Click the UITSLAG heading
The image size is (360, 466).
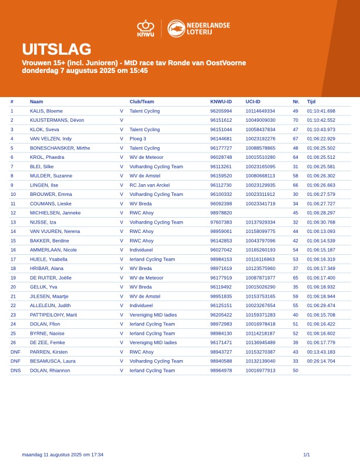[56, 49]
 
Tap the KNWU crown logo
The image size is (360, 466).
[145, 28]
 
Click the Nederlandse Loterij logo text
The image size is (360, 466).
[208, 28]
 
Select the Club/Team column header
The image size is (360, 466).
[142, 102]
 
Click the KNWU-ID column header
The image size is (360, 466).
[221, 102]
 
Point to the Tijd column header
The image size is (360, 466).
[311, 102]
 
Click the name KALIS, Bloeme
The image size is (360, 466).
[46, 111]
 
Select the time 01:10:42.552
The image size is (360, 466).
[321, 120]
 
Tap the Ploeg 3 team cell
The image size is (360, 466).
[138, 139]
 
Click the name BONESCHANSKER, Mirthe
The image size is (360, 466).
[60, 148]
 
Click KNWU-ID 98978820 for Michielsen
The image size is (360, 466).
[221, 213]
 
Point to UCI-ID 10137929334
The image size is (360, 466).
[260, 222]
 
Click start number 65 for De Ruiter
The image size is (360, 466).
[295, 278]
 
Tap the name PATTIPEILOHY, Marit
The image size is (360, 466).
[54, 315]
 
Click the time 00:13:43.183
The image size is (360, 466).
[321, 352]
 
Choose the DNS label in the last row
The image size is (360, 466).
[15, 371]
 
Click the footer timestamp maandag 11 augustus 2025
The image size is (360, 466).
[62, 455]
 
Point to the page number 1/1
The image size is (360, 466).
[306, 455]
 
